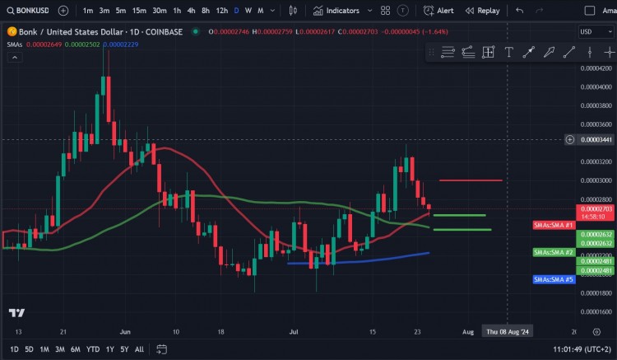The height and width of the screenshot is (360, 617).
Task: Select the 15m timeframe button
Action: pos(140,11)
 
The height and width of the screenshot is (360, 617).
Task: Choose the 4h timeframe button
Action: pos(191,11)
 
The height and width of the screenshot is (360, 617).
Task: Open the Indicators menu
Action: pos(336,11)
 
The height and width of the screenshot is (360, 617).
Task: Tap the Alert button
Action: pos(438,11)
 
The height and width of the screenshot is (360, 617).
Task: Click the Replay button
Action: pos(482,11)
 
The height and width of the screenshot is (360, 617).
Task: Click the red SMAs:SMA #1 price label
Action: pos(553,224)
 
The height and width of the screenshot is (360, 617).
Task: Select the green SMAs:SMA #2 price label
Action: pos(553,251)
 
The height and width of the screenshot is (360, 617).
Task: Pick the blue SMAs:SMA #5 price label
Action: pos(553,279)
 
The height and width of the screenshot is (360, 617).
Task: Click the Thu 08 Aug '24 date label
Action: pos(508,331)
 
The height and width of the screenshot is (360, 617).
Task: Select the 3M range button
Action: pos(60,349)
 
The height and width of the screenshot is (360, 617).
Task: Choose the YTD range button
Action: pos(93,349)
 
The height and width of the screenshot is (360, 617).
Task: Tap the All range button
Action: pos(139,349)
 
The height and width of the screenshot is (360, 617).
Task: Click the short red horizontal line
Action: pos(471,180)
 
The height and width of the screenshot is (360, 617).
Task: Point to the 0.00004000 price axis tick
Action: pos(595,86)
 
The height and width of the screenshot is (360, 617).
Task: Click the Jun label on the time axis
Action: pos(125,331)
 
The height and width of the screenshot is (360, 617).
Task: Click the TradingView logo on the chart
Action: pos(16,313)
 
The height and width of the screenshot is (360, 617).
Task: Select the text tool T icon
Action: pos(509,52)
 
